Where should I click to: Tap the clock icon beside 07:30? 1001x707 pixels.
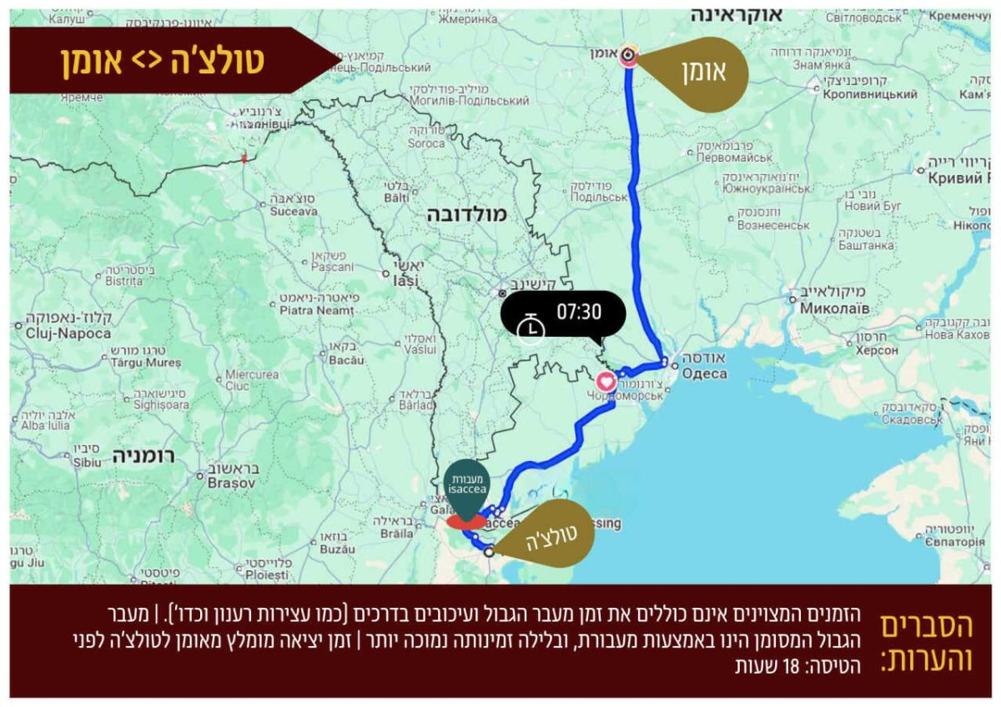(530, 327)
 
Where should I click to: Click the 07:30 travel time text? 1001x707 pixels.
(579, 313)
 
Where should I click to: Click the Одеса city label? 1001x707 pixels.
(706, 374)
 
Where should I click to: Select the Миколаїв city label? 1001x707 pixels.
(834, 308)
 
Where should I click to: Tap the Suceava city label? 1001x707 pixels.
(294, 211)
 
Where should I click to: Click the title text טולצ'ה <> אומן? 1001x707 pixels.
(163, 61)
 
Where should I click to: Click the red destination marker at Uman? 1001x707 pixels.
(629, 57)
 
